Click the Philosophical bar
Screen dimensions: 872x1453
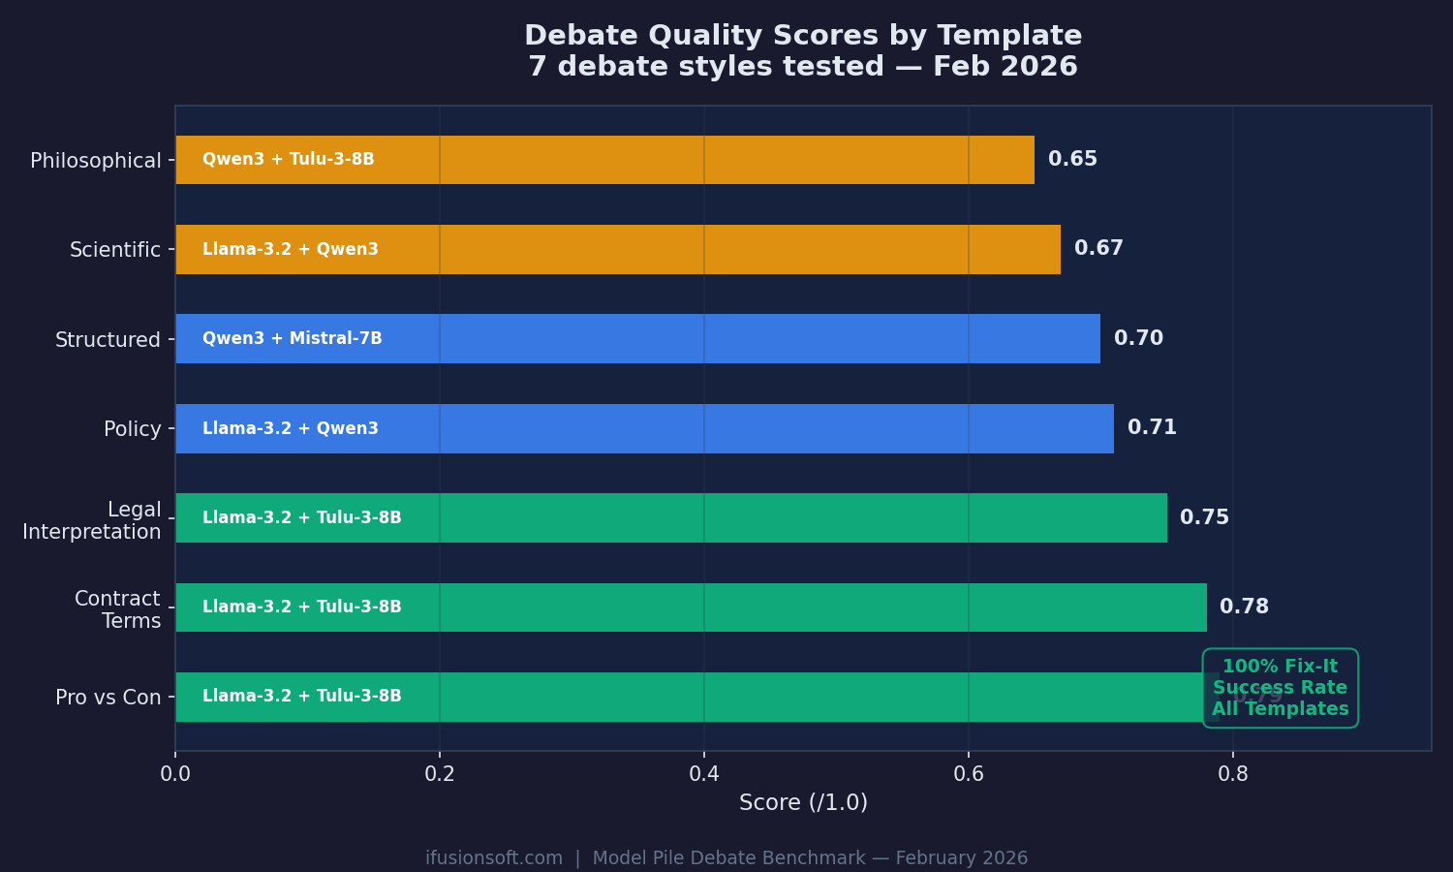[x=604, y=160]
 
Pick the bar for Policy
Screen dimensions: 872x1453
[x=644, y=428]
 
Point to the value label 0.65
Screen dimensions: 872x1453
[x=1072, y=159]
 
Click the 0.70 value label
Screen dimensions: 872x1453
[x=1138, y=338]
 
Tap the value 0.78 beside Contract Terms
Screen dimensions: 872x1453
[x=1244, y=607]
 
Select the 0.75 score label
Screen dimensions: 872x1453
[x=1204, y=517]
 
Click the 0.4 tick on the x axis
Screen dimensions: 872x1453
[x=704, y=774]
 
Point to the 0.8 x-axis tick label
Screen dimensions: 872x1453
[x=1232, y=774]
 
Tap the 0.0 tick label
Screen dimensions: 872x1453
[x=175, y=774]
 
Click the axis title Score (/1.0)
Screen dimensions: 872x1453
[x=803, y=803]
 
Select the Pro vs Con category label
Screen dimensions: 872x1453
[x=108, y=698]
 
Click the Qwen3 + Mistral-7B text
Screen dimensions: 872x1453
[x=292, y=338]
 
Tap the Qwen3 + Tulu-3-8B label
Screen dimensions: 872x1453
[x=288, y=159]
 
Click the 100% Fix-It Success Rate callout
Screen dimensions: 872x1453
[x=1280, y=688]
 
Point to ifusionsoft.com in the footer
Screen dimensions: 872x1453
[x=494, y=858]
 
